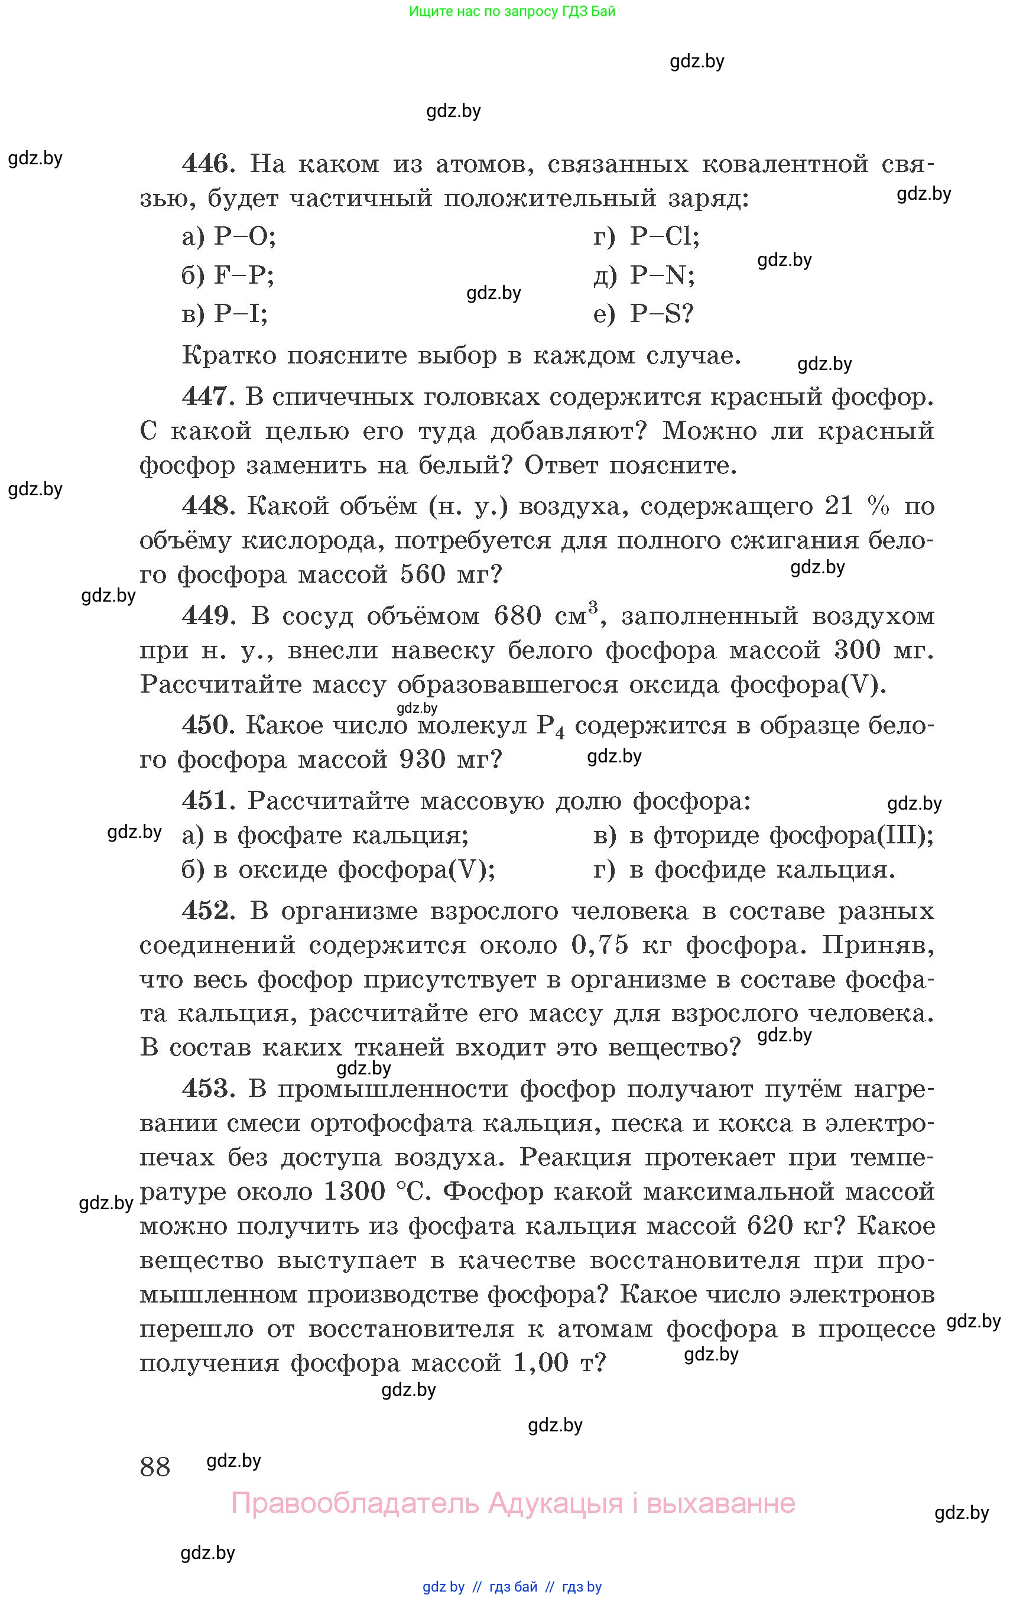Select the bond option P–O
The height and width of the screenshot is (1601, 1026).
pyautogui.click(x=244, y=236)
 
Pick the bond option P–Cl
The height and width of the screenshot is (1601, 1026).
pyautogui.click(x=664, y=236)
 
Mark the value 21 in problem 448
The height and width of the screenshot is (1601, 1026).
pyautogui.click(x=839, y=506)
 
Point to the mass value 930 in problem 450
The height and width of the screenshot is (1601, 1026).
pyautogui.click(x=423, y=759)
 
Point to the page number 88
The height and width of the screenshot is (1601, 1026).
pyautogui.click(x=155, y=1466)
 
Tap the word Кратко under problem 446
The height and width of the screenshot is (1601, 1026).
pyautogui.click(x=229, y=355)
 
